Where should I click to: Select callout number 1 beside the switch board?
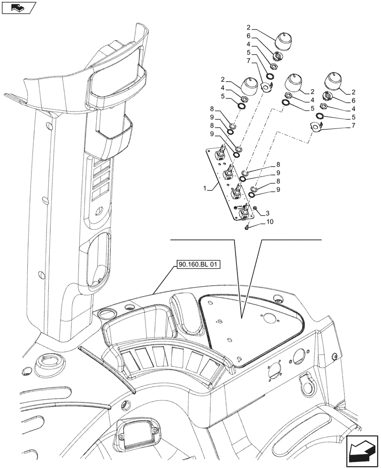[x=205, y=188]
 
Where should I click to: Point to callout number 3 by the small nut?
[x=267, y=212]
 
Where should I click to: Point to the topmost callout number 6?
[x=262, y=36]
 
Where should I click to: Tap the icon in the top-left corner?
[x=19, y=8]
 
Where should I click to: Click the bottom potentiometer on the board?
[x=244, y=214]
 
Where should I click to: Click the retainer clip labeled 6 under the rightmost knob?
[x=328, y=97]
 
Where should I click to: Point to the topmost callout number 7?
[x=254, y=61]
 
